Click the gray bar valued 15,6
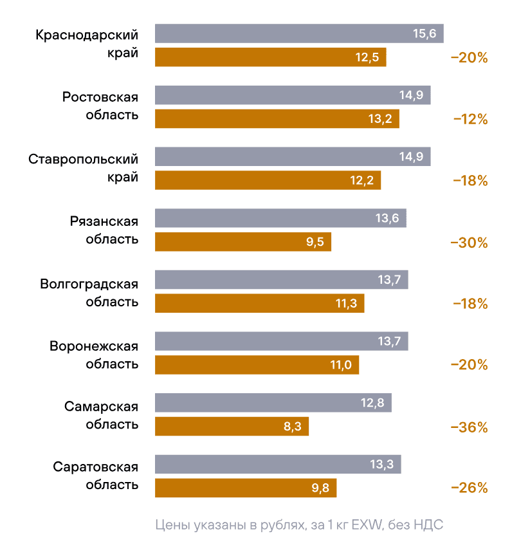[299, 33]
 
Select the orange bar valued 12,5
[270, 57]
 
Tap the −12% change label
[470, 119]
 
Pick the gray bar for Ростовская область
[293, 95]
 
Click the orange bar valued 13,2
[277, 118]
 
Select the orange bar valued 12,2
[268, 180]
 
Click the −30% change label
[470, 243]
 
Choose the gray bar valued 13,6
[280, 218]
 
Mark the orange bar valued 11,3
[259, 304]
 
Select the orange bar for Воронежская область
[257, 365]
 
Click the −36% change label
[470, 427]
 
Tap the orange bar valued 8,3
[232, 427]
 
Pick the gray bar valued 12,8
[273, 403]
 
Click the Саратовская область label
[95, 476]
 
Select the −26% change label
[470, 488]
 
